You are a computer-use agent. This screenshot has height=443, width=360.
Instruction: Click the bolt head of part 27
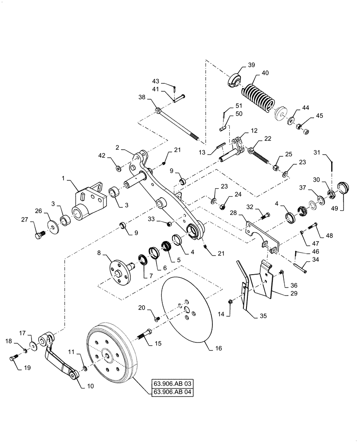(39, 233)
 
